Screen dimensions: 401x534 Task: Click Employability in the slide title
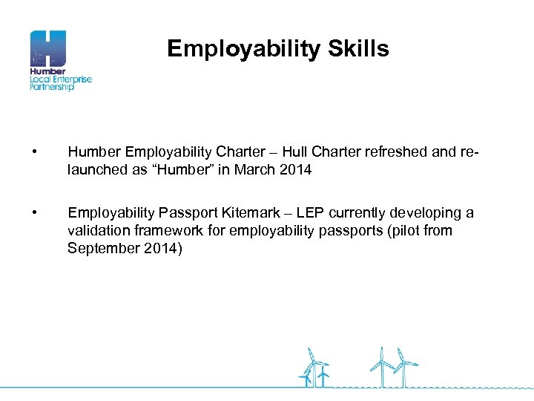point(242,50)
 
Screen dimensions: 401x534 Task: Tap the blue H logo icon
point(48,48)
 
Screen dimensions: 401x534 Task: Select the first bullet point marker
point(35,152)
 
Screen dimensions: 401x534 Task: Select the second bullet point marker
point(35,214)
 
